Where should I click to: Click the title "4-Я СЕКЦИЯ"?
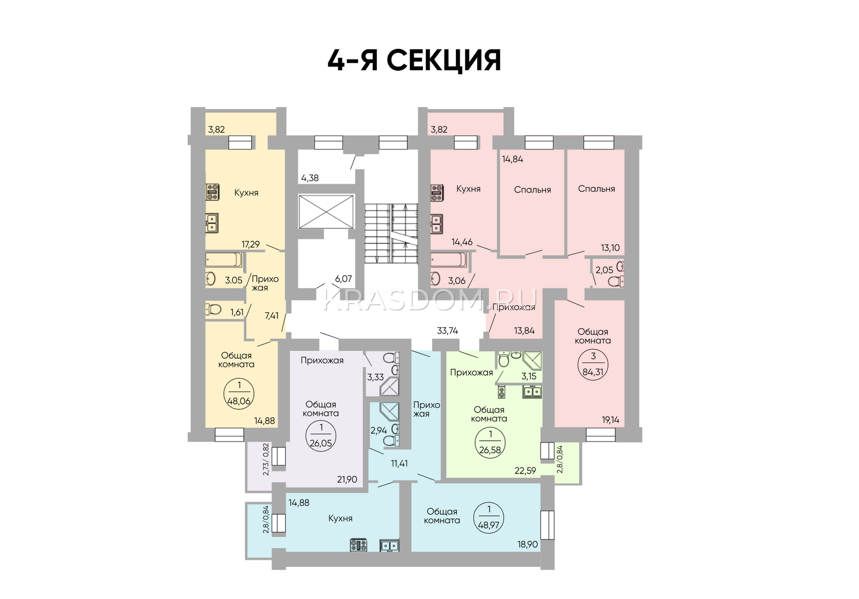414,61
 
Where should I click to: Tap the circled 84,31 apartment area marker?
593,364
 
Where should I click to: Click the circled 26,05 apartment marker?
321,435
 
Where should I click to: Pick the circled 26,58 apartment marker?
490,442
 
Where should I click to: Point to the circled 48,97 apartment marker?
489,517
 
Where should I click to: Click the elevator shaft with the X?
326,212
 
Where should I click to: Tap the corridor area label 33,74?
448,330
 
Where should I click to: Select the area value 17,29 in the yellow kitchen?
250,245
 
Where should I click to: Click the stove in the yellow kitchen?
213,192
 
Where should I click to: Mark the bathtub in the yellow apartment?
224,260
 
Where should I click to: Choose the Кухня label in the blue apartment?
340,518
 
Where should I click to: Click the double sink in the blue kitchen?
389,545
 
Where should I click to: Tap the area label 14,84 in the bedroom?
513,159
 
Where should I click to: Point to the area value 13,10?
610,247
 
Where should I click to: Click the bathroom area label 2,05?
605,270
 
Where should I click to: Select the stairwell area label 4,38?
310,178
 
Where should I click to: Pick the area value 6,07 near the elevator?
343,278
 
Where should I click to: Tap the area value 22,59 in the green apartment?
526,470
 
